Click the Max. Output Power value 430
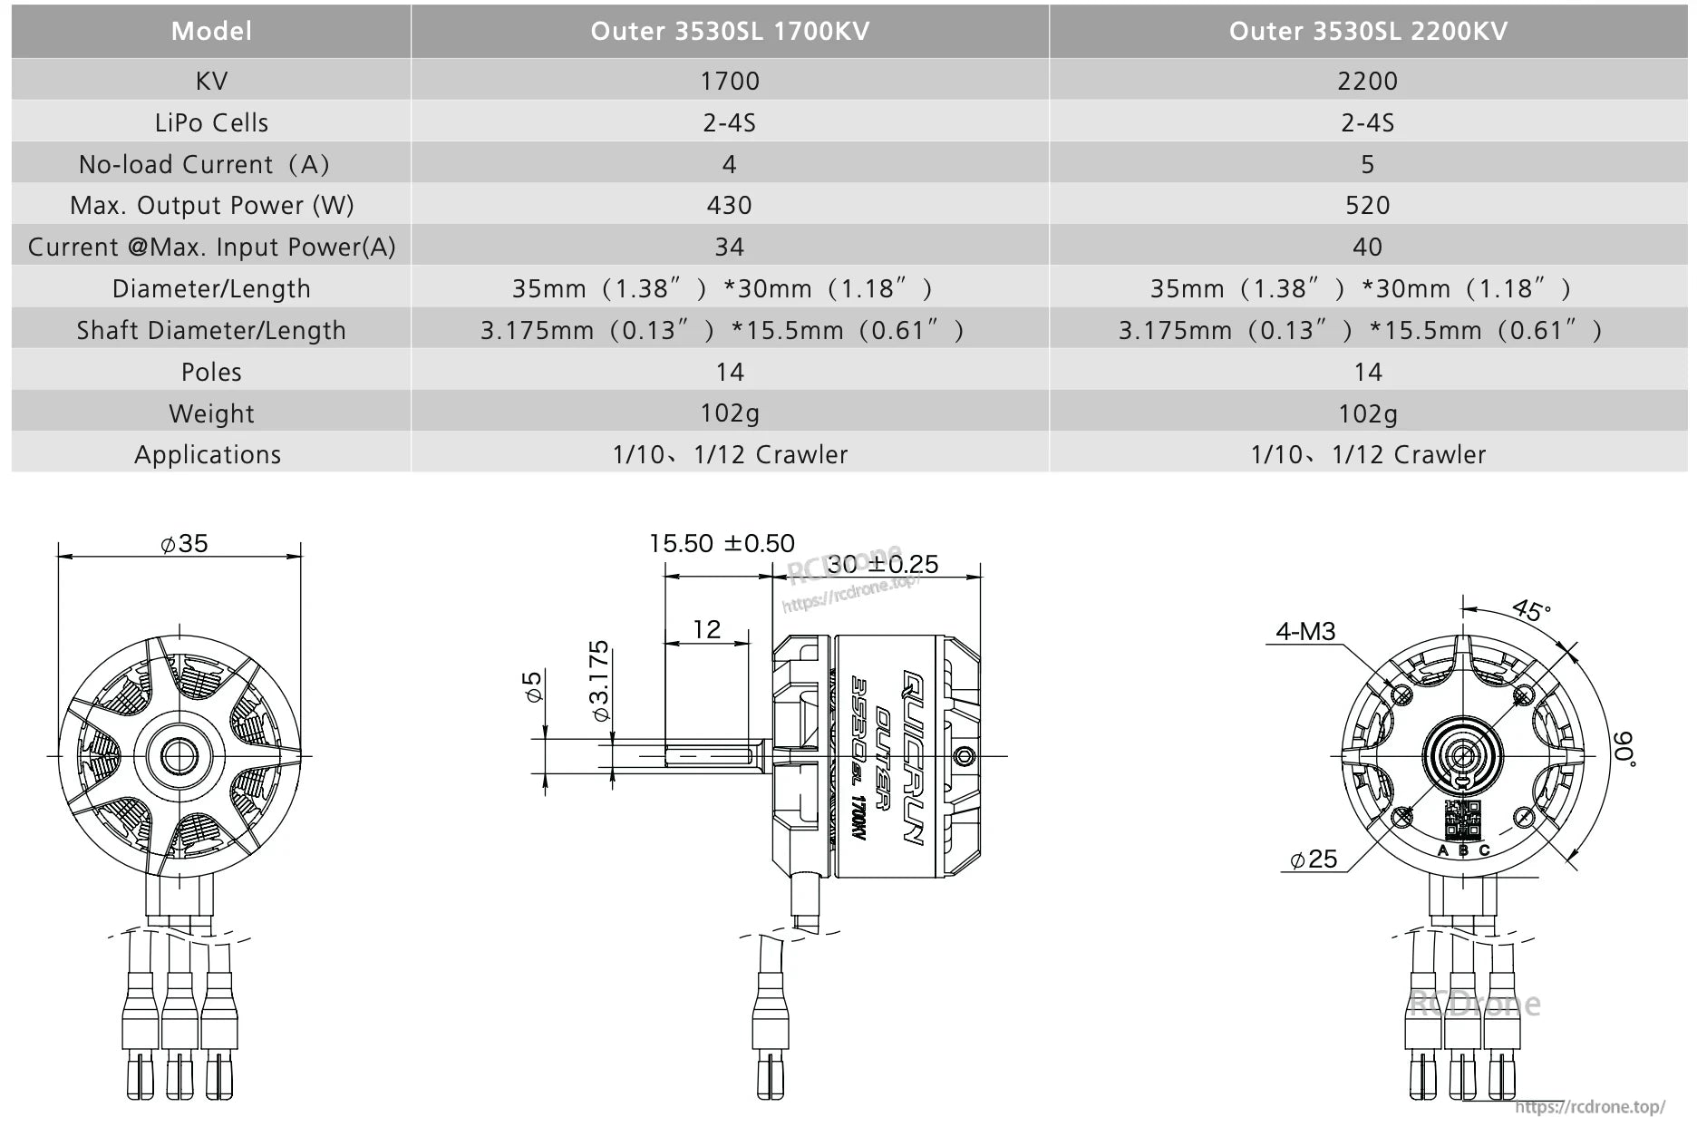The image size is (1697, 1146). click(729, 205)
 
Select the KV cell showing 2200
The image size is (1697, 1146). click(1367, 81)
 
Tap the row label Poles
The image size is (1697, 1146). click(211, 372)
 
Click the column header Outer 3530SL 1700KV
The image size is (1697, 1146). click(730, 31)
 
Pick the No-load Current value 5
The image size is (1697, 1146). click(1367, 164)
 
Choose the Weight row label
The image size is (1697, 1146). click(211, 413)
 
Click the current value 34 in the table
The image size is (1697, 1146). click(729, 247)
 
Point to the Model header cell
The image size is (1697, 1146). click(211, 31)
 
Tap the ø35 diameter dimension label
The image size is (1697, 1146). click(184, 543)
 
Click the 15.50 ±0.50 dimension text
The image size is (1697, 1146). click(722, 543)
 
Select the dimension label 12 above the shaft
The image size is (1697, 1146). click(706, 629)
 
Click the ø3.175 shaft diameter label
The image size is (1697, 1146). click(599, 681)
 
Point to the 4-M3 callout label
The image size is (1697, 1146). click(1305, 631)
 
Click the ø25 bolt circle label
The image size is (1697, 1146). click(1314, 859)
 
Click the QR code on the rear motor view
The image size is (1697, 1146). click(1461, 819)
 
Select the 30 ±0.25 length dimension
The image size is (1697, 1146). click(882, 564)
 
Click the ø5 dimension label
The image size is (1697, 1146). click(533, 686)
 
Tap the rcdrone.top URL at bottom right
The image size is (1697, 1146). click(1589, 1107)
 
